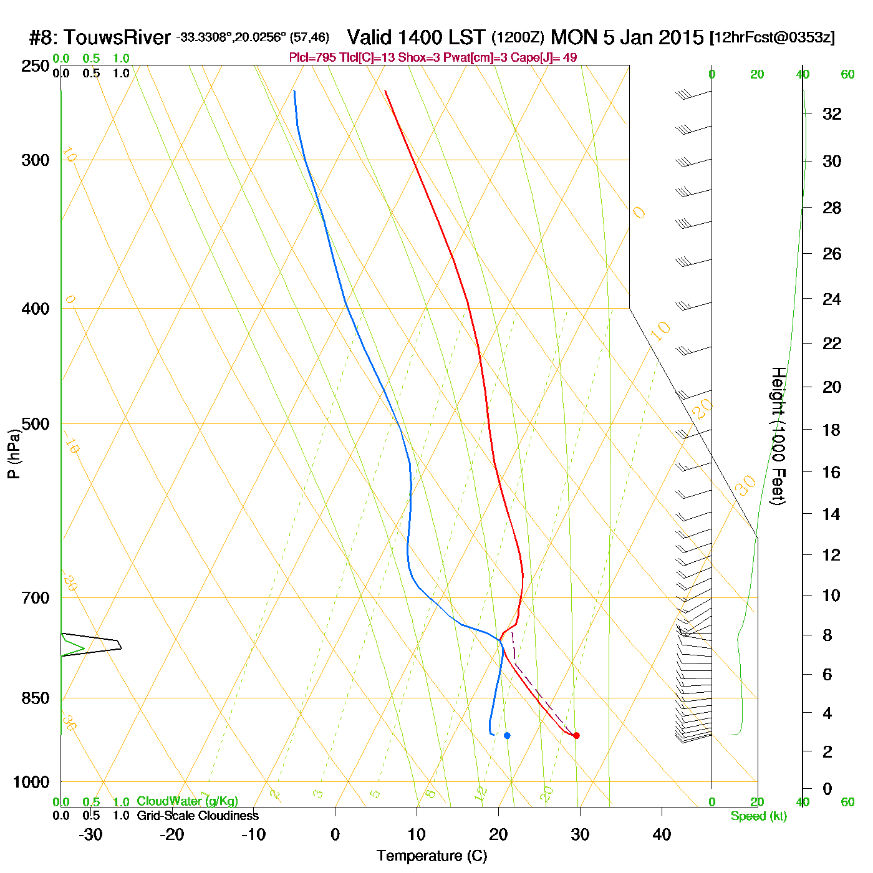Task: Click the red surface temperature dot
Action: click(x=576, y=736)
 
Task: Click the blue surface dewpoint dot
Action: click(x=507, y=736)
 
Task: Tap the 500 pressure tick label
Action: click(x=36, y=424)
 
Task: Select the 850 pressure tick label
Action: click(x=36, y=698)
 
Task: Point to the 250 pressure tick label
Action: click(x=36, y=66)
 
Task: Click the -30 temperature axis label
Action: click(x=90, y=834)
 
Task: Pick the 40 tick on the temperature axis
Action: click(x=662, y=834)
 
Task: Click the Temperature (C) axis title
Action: click(x=432, y=856)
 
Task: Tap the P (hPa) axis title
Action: click(x=14, y=453)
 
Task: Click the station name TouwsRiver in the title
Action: click(x=117, y=37)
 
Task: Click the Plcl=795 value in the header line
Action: click(x=312, y=58)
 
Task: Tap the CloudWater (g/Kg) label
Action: click(x=187, y=801)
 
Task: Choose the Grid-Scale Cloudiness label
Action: click(x=198, y=816)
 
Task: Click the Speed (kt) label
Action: click(x=758, y=816)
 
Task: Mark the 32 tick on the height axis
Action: click(x=832, y=113)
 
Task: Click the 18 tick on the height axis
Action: click(x=831, y=430)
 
